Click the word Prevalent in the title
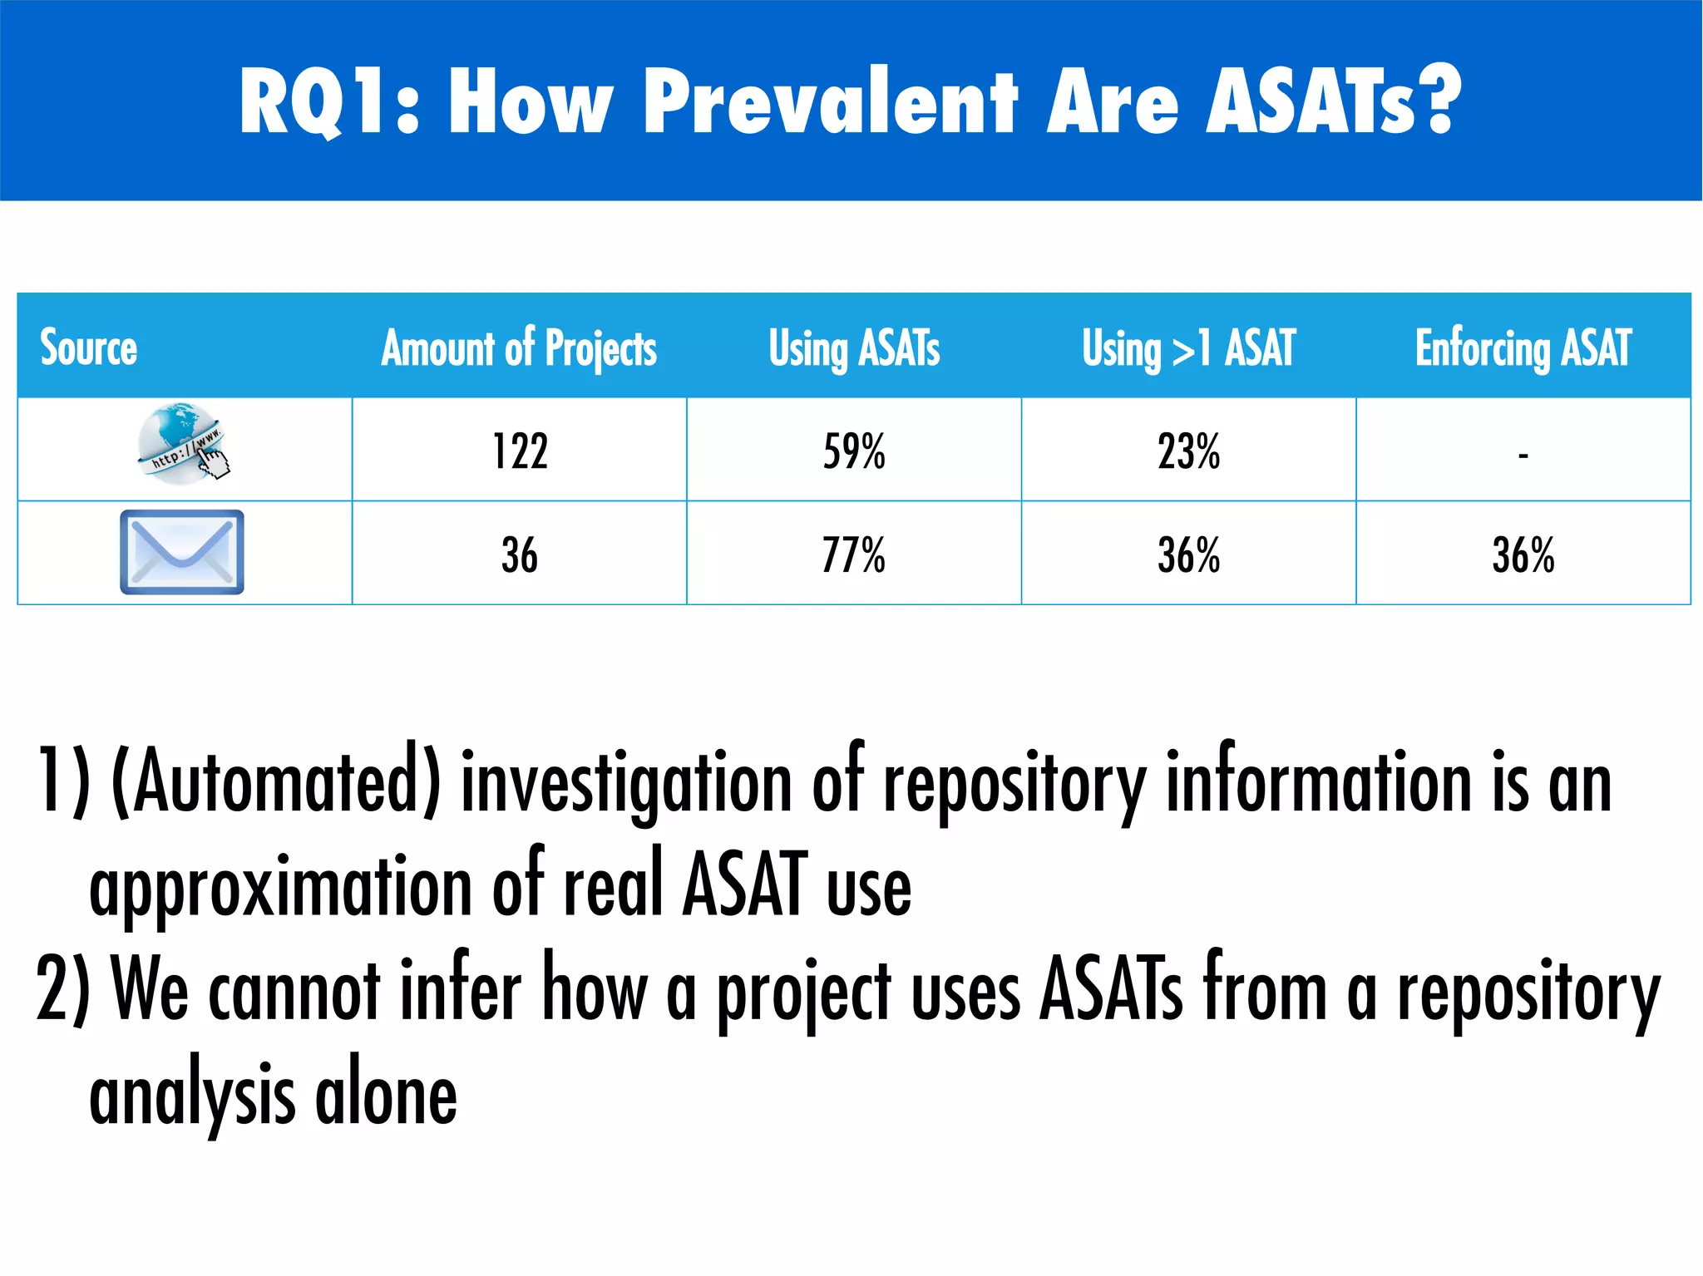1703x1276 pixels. (829, 102)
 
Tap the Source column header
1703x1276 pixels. (89, 347)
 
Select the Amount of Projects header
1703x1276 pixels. (519, 347)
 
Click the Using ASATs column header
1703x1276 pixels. (854, 347)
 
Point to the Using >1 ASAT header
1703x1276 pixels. (1188, 347)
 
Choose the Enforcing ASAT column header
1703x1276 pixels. (1523, 347)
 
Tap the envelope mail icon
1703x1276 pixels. (182, 552)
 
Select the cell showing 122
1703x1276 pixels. (520, 452)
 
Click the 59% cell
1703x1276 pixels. (854, 452)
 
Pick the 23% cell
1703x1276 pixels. (1188, 452)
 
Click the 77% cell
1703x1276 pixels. (854, 555)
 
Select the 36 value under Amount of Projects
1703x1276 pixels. (520, 555)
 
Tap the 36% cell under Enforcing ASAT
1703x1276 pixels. (1523, 555)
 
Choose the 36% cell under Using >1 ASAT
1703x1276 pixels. (1188, 555)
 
